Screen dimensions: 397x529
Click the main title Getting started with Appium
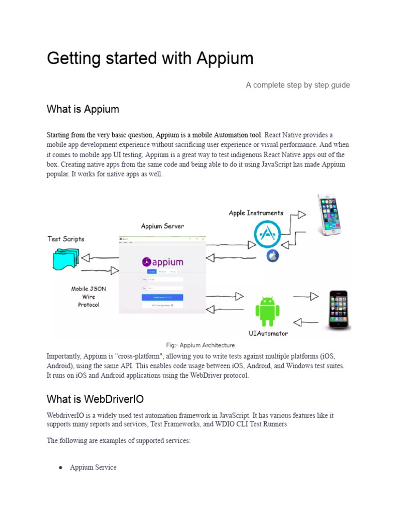(x=150, y=58)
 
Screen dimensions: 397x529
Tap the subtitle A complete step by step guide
(x=298, y=85)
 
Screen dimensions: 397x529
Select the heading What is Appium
(x=83, y=109)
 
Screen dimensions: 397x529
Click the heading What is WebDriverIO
(x=95, y=399)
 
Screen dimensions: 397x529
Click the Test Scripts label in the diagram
(x=66, y=239)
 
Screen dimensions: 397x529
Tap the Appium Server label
(x=162, y=226)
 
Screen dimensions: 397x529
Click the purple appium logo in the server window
(x=162, y=262)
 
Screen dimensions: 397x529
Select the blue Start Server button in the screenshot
(x=162, y=298)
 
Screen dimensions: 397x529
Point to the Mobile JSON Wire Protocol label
(x=88, y=297)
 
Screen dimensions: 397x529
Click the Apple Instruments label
(x=256, y=213)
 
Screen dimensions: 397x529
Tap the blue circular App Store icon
(x=269, y=234)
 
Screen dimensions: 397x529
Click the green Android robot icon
(x=267, y=312)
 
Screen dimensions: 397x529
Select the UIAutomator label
(x=268, y=334)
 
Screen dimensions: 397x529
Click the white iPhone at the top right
(x=329, y=214)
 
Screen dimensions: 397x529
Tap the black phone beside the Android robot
(x=339, y=309)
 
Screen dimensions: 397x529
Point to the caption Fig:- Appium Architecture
(x=200, y=345)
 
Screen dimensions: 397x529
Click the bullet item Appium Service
(x=93, y=468)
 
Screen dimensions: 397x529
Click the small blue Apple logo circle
(x=272, y=256)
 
